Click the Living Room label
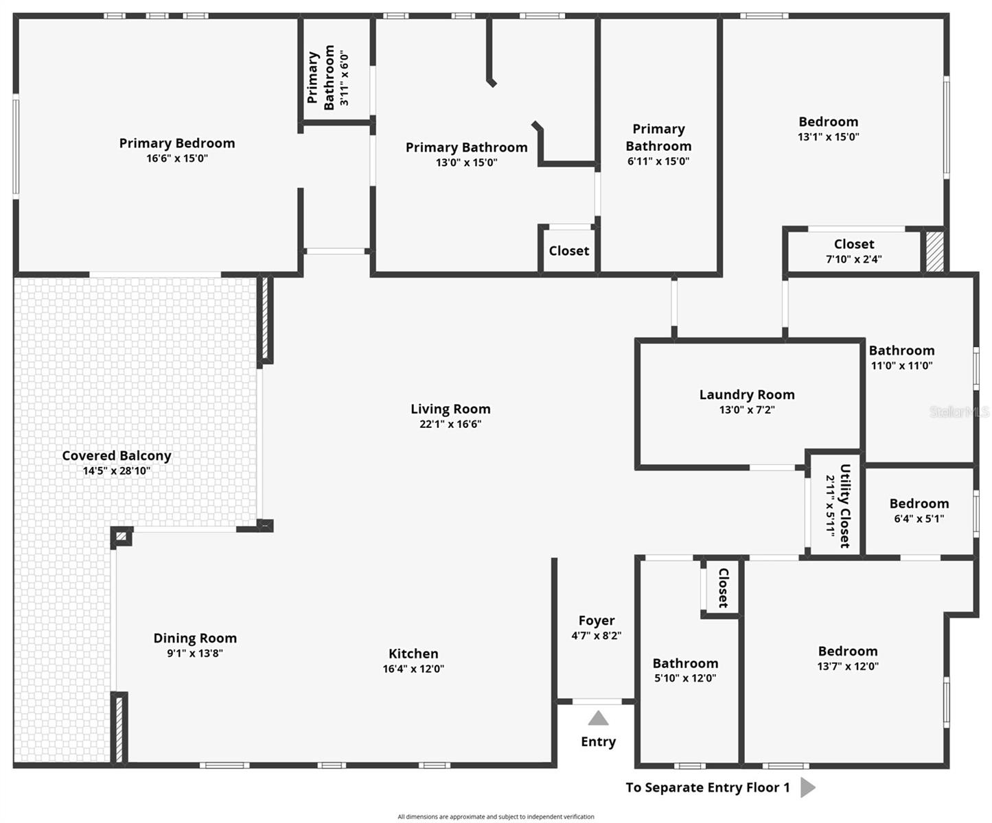coord(450,409)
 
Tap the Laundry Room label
coord(747,395)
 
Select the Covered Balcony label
coord(117,456)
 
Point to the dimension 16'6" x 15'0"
coord(177,158)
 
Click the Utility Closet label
coord(845,506)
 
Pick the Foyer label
coord(597,621)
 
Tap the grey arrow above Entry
coord(598,718)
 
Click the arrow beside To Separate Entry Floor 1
coord(807,787)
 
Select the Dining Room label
coord(195,639)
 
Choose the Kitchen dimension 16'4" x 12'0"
coord(413,669)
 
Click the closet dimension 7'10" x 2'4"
coord(853,259)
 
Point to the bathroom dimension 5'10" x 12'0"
coord(685,678)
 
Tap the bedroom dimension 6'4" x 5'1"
coord(919,519)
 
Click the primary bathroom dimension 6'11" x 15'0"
coord(658,162)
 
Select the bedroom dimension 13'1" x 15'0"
coord(828,137)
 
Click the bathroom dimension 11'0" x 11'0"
coord(901,366)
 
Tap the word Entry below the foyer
coord(598,742)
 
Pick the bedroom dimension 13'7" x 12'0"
coord(848,666)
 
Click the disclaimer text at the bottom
coord(496,817)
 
